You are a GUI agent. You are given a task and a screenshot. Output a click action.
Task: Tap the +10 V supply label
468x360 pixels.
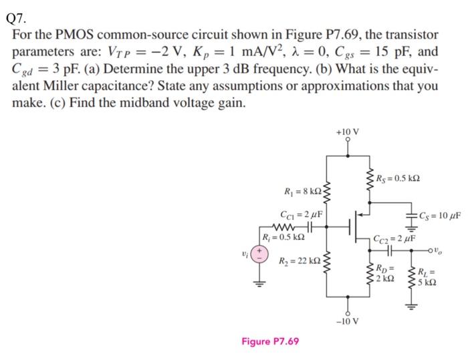pos(346,132)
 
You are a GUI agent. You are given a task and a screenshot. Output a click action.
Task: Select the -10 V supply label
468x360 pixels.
pos(346,321)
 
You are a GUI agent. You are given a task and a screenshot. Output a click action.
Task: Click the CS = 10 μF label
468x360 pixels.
pos(439,214)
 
